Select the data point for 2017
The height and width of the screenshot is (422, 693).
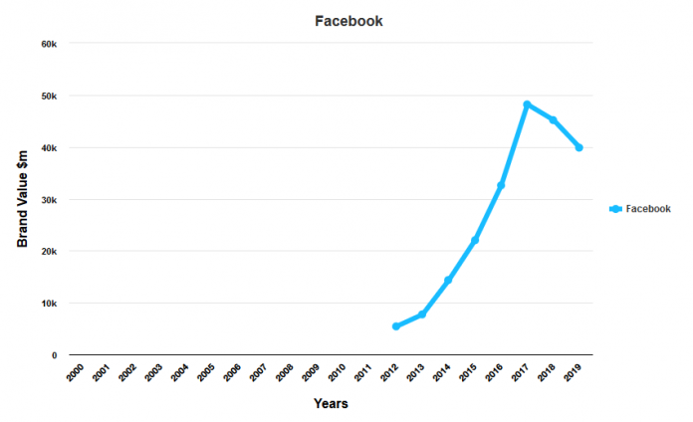coord(527,105)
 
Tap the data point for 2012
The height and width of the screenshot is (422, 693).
coord(396,326)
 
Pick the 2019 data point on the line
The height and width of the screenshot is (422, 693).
coord(578,147)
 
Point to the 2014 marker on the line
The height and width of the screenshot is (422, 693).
coord(448,281)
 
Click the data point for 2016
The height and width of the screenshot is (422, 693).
coord(501,186)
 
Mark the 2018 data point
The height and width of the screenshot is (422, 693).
coord(553,120)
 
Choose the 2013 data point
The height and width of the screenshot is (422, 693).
coord(422,315)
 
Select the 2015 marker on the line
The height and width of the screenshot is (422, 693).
coord(475,241)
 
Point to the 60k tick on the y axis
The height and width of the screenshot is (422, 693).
coord(49,44)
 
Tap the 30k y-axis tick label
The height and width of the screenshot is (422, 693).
coord(49,199)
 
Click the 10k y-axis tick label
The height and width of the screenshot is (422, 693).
coord(49,303)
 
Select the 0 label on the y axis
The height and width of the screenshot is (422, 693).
coord(54,355)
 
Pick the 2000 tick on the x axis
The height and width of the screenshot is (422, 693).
coord(75,372)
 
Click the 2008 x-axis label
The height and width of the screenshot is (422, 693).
coord(284,372)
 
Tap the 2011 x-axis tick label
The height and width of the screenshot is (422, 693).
coord(362,372)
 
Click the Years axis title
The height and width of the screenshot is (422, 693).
coord(331,404)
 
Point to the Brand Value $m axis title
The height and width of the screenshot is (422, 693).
coord(22,200)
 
